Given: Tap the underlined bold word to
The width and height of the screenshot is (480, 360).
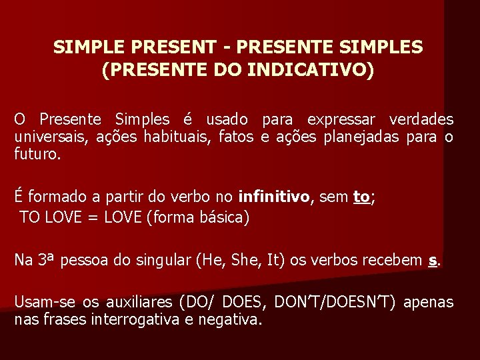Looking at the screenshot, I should [361, 197].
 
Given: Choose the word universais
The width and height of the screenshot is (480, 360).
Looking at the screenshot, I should [49, 137].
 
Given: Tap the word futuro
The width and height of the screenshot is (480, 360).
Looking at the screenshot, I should [37, 155].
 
